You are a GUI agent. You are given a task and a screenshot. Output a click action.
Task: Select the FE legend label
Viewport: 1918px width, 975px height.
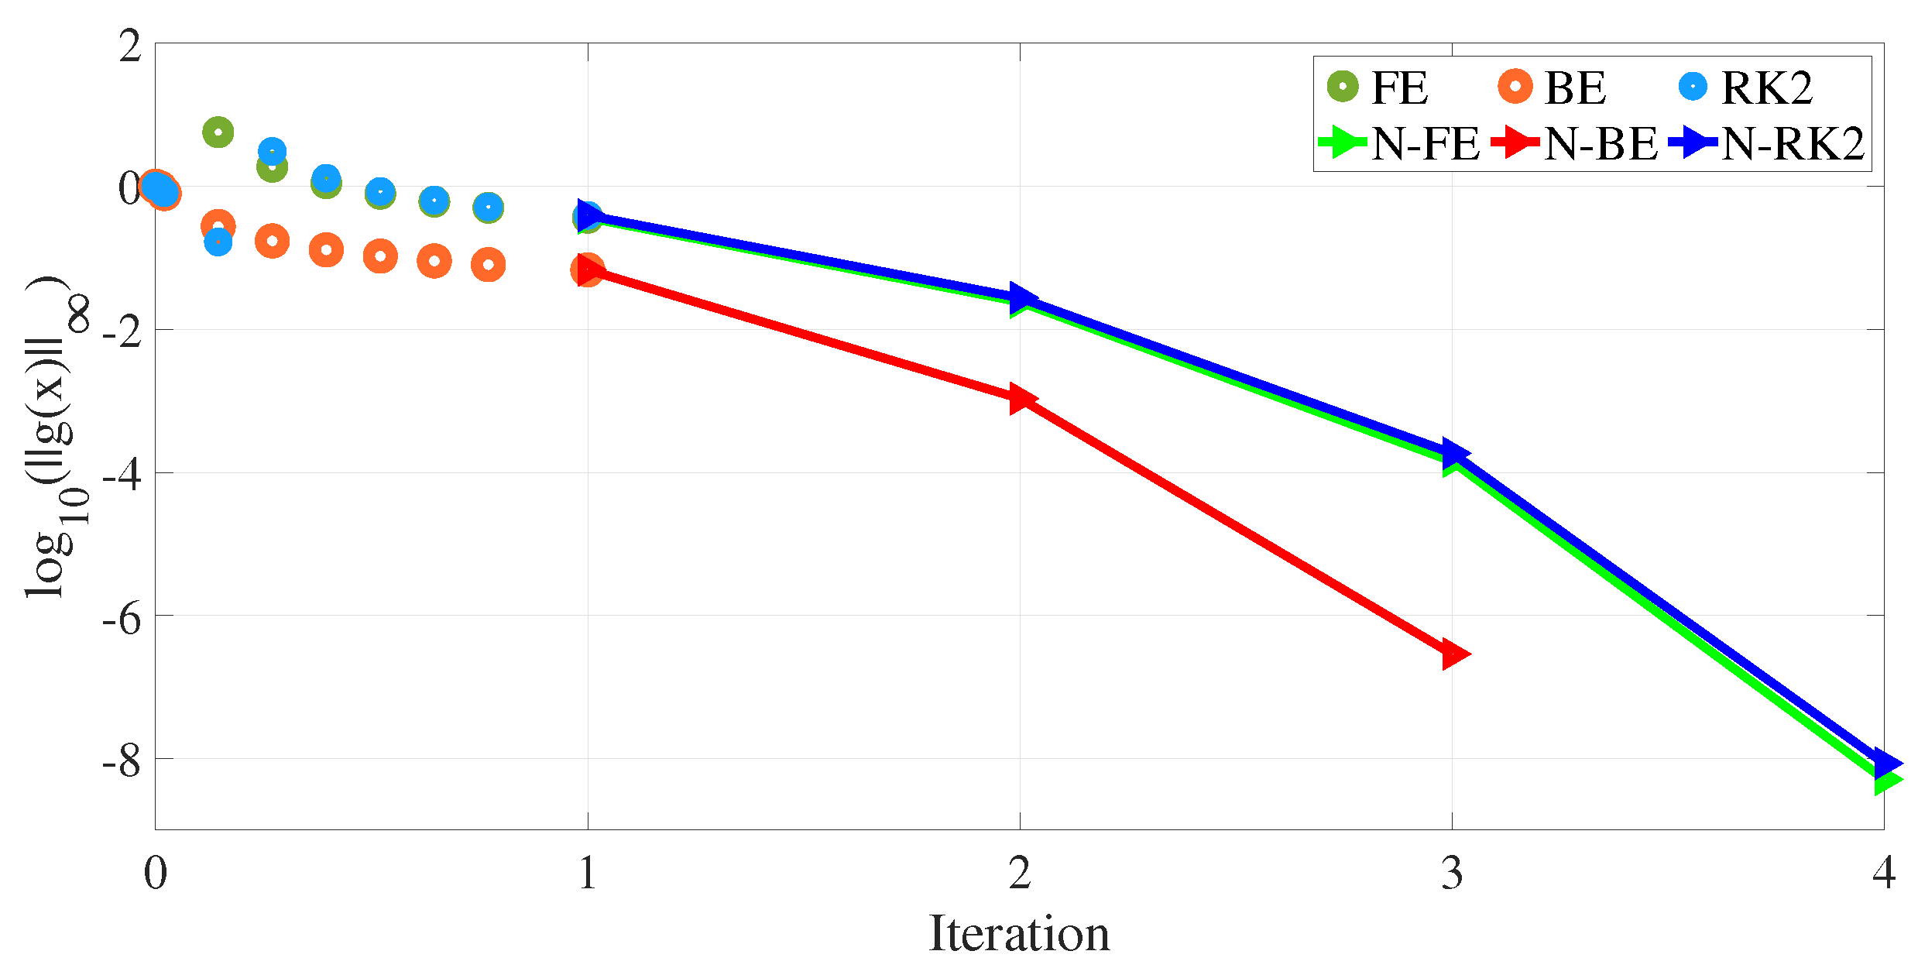coord(1398,88)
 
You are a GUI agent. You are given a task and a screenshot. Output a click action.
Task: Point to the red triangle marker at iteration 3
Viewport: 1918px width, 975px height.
coord(1454,655)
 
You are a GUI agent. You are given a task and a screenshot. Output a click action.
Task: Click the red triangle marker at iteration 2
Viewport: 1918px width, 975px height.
coord(1021,399)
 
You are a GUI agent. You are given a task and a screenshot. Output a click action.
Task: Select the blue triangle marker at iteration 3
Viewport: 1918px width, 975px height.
coord(1454,453)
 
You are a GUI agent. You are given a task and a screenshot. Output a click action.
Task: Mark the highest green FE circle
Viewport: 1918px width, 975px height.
coord(218,132)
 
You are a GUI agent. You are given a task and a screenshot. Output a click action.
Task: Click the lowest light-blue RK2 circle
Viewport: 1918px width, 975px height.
coord(218,242)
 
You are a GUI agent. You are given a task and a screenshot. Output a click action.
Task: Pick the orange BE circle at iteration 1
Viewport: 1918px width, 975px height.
coord(588,269)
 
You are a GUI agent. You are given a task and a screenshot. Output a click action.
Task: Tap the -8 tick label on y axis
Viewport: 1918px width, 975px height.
coord(122,762)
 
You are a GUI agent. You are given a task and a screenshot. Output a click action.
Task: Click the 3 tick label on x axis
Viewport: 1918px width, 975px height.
coord(1452,874)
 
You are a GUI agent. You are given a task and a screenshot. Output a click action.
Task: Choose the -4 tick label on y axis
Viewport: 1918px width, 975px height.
coord(122,475)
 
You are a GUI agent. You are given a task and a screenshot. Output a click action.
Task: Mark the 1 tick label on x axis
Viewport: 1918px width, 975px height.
coord(588,874)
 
